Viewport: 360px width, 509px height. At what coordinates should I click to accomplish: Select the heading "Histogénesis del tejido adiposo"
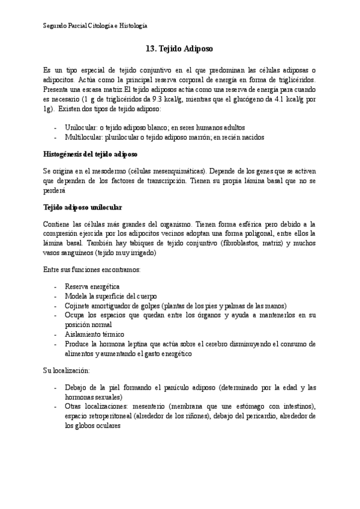coord(91,154)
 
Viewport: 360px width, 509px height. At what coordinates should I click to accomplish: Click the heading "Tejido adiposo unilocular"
coord(83,208)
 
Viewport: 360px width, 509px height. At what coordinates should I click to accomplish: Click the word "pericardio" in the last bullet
coord(259,416)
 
